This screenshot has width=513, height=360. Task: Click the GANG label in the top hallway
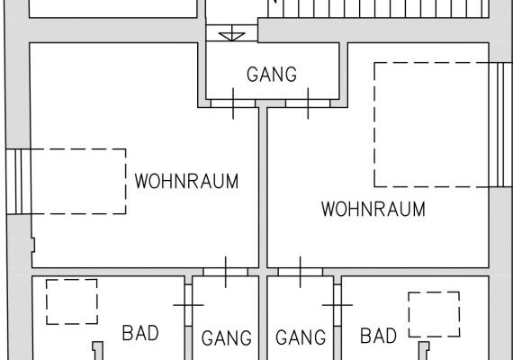pos(272,75)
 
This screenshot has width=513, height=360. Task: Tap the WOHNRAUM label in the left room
pos(186,181)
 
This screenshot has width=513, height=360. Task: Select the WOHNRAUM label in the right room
pos(373,209)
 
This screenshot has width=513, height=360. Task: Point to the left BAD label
pos(140,333)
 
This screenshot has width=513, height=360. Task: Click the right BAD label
pos(378,336)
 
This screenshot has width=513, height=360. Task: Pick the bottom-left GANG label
pos(227,338)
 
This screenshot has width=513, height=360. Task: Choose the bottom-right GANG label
pos(301,337)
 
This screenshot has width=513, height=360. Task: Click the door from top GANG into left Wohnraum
pos(233,103)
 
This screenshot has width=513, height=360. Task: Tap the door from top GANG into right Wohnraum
pos(308,103)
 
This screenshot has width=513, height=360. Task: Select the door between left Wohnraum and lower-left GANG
pos(225,272)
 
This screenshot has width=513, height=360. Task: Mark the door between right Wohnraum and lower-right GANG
pos(301,272)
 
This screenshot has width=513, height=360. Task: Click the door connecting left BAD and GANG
pos(188,305)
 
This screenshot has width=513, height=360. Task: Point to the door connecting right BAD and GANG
pos(337,305)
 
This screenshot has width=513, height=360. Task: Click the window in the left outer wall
pos(18,182)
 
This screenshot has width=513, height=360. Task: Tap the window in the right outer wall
pos(500,125)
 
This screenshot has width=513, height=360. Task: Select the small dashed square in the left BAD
pos(72,301)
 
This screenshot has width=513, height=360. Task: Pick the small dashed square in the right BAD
pos(434,314)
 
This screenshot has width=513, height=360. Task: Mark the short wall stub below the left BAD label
pos(98,351)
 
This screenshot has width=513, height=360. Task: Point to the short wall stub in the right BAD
pos(424,351)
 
